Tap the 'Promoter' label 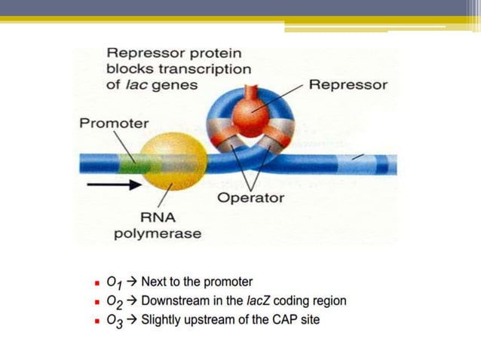[114, 123]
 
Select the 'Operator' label [250, 198]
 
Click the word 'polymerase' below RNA [157, 233]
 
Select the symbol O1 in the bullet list [114, 282]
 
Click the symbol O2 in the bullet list [114, 302]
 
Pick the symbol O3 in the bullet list [114, 321]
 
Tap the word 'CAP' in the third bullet [276, 320]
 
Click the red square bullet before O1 [97, 283]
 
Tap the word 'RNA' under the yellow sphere [158, 218]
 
